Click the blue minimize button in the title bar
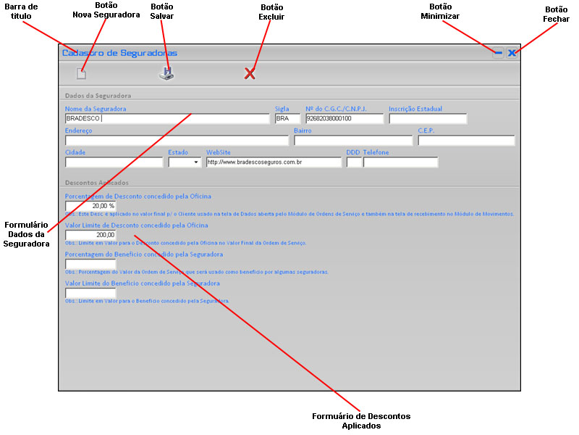pyautogui.click(x=498, y=52)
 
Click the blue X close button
pyautogui.click(x=512, y=52)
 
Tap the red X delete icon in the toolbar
pyautogui.click(x=250, y=73)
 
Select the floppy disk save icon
pyautogui.click(x=167, y=73)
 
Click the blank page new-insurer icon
pyautogui.click(x=82, y=73)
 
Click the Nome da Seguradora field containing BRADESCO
pyautogui.click(x=166, y=118)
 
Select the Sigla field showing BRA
pyautogui.click(x=287, y=118)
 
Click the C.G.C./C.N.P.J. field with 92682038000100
pyautogui.click(x=344, y=118)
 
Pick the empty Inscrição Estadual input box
pyautogui.click(x=428, y=118)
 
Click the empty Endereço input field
pyautogui.click(x=177, y=141)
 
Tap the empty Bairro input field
pyautogui.click(x=352, y=141)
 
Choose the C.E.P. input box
pyautogui.click(x=466, y=141)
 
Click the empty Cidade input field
pyautogui.click(x=114, y=162)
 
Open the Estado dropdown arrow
pyautogui.click(x=196, y=163)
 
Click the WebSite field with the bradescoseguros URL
pyautogui.click(x=273, y=162)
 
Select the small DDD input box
pyautogui.click(x=354, y=162)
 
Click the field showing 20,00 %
pyautogui.click(x=90, y=206)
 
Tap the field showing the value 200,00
pyautogui.click(x=90, y=235)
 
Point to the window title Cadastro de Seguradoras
pyautogui.click(x=119, y=52)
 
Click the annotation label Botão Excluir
pyautogui.click(x=271, y=12)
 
